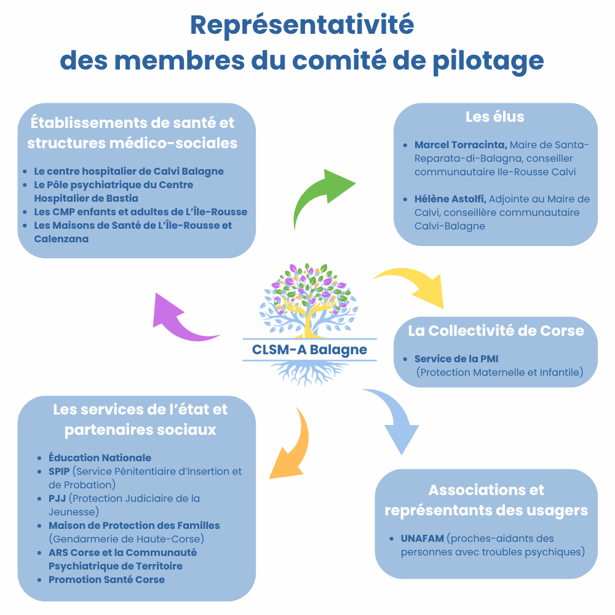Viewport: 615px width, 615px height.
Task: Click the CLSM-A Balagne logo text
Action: pyautogui.click(x=309, y=349)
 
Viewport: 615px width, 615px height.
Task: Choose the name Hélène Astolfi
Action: pyautogui.click(x=450, y=199)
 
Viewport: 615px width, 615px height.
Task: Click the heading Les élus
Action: pyautogui.click(x=495, y=117)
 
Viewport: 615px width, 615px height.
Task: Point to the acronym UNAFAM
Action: pyautogui.click(x=423, y=539)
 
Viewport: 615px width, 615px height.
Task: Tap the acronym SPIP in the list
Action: pyautogui.click(x=59, y=472)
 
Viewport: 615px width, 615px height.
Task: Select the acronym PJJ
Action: pyautogui.click(x=57, y=499)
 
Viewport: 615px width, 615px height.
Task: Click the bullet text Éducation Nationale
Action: pyautogui.click(x=100, y=458)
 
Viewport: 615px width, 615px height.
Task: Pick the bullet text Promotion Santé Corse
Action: pyautogui.click(x=106, y=580)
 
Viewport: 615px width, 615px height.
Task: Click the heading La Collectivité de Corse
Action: pyautogui.click(x=496, y=331)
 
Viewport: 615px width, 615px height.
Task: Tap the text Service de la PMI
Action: pyautogui.click(x=456, y=359)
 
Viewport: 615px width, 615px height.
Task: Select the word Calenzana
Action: pyautogui.click(x=61, y=239)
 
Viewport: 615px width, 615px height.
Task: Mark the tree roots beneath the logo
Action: pyautogui.click(x=309, y=373)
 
